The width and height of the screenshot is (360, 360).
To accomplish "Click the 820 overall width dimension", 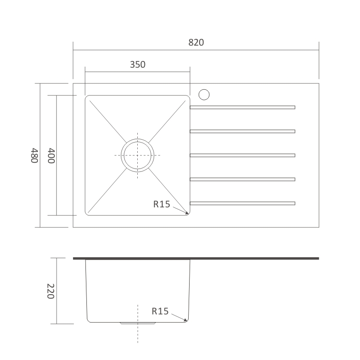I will (196, 43).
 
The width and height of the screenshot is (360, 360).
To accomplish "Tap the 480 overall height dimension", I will (34, 156).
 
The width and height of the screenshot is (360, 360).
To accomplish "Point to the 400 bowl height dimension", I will (51, 156).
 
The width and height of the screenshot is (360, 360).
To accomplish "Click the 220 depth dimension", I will (50, 291).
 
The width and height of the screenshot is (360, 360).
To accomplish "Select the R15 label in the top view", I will (162, 204).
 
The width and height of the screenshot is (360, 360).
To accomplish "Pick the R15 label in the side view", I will (160, 311).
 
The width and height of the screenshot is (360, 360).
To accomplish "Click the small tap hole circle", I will (204, 94).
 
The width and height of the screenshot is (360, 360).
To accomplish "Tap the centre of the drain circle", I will (138, 155).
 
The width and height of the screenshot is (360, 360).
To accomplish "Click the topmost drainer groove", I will (242, 107).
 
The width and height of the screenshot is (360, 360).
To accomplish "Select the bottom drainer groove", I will (242, 203).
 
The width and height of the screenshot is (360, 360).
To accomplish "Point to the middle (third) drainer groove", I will (242, 155).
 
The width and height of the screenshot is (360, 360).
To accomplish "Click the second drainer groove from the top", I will (242, 131).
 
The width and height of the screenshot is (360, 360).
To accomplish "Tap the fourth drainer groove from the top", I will (242, 179).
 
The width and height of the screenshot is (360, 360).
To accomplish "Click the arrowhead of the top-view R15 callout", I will (186, 212).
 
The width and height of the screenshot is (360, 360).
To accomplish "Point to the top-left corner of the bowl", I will (87, 97).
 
